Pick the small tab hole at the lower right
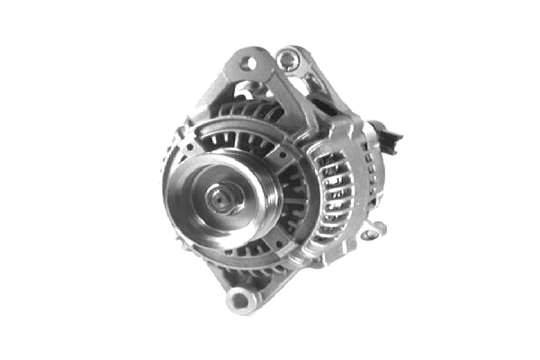[369, 235]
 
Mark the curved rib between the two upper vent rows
[238, 126]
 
